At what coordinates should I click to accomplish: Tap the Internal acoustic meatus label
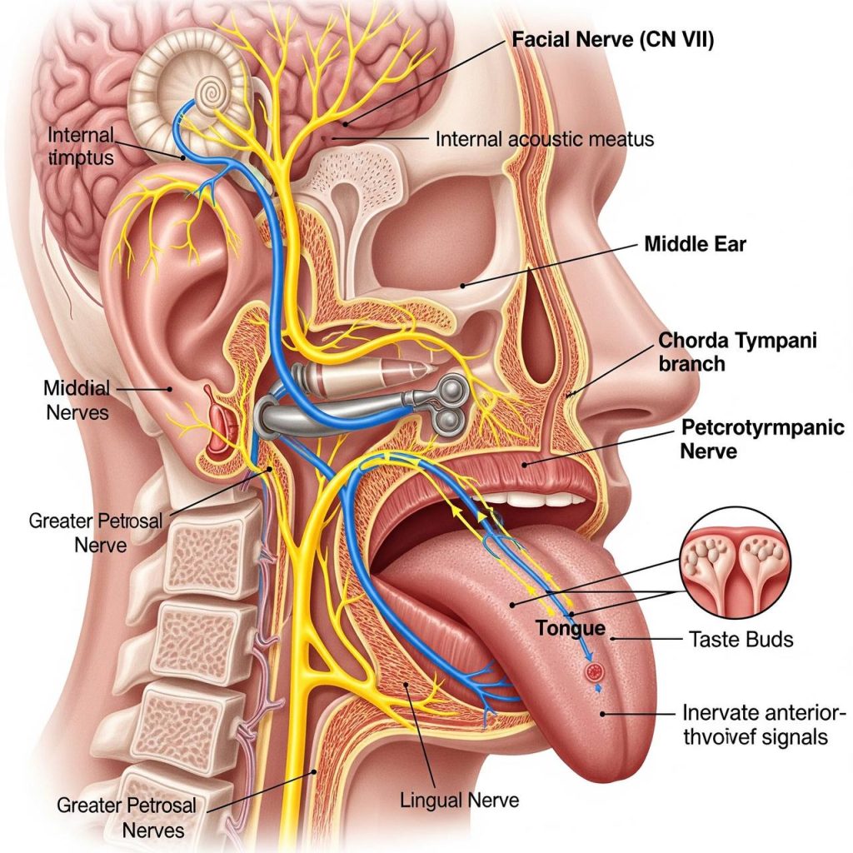point(545,139)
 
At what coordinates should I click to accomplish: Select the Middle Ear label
point(696,244)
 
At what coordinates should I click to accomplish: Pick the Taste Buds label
point(741,640)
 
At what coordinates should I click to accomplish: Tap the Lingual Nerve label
point(459,801)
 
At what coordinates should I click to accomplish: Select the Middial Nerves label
point(77,400)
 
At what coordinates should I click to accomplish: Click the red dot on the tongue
point(594,670)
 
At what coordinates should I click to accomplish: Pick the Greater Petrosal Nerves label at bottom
point(127,817)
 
